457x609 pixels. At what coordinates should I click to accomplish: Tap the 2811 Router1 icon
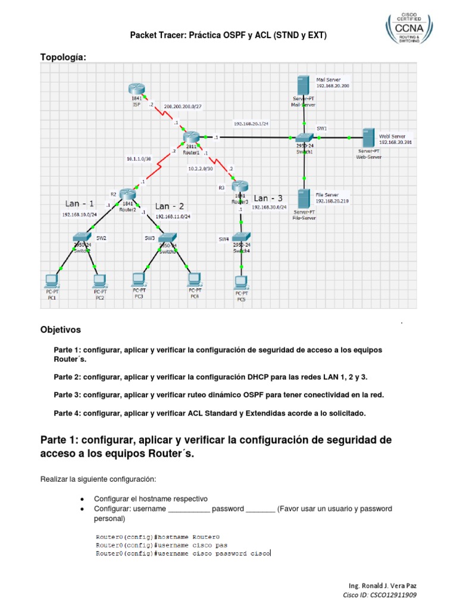click(x=192, y=137)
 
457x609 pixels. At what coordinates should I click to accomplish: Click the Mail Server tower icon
click(x=303, y=85)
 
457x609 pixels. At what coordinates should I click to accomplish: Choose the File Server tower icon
click(x=303, y=199)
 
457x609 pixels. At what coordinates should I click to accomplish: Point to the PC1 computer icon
click(x=52, y=280)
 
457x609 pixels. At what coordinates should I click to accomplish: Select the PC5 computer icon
click(x=240, y=281)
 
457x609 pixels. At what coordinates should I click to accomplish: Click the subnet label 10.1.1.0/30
click(x=139, y=159)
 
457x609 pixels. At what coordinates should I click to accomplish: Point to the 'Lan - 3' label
click(x=269, y=198)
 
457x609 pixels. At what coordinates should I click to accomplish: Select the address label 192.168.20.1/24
click(x=252, y=124)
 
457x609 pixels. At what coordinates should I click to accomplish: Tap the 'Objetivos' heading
click(x=60, y=329)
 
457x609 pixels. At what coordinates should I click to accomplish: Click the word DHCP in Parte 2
click(x=252, y=377)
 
